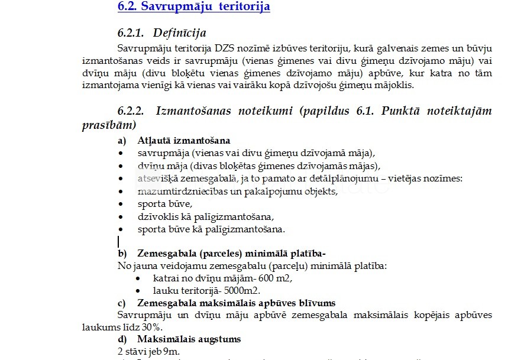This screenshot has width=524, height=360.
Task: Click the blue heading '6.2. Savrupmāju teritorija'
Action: coord(194,7)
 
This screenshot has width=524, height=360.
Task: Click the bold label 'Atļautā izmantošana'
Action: coord(184,141)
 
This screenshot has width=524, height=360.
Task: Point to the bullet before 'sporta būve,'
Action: coord(121,204)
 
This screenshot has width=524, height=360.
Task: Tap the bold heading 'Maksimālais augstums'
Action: coord(189,339)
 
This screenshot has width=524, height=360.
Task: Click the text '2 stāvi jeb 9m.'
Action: coord(148,352)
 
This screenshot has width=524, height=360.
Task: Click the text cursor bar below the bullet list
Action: coord(119,241)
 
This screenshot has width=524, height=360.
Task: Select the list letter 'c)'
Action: coord(122,303)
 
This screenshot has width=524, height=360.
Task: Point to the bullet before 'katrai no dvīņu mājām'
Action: coord(138,278)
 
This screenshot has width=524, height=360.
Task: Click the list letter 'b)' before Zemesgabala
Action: coord(122,254)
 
